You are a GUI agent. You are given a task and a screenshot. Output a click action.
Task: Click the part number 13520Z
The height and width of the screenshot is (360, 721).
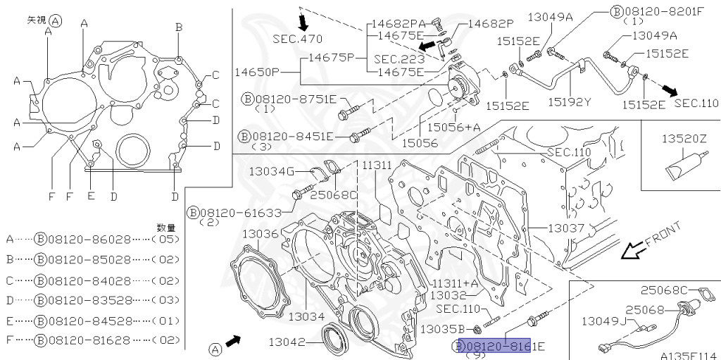[x=683, y=140]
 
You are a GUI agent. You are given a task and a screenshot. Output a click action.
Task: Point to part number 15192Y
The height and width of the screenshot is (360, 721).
[x=570, y=102]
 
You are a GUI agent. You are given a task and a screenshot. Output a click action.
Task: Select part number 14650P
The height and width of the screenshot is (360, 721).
[x=258, y=72]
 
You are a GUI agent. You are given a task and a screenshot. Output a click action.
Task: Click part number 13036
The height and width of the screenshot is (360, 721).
[x=261, y=233]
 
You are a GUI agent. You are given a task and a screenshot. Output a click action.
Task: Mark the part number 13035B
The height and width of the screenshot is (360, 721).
[x=441, y=328]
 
